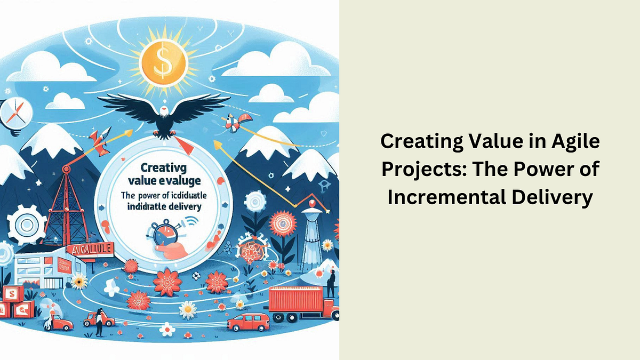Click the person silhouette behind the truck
[331, 283]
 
